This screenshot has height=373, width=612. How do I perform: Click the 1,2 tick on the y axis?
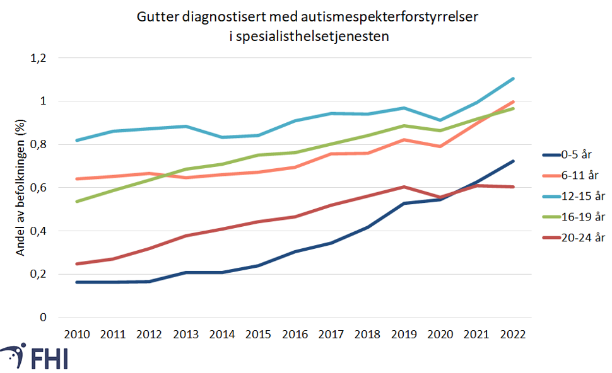coord(38,58)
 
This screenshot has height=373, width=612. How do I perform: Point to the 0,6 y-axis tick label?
coord(38,188)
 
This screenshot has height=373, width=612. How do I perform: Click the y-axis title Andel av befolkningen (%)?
coord(20,188)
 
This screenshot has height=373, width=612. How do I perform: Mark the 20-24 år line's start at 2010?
coord(76,264)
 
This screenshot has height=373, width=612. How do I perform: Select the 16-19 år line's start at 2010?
coord(76,202)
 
